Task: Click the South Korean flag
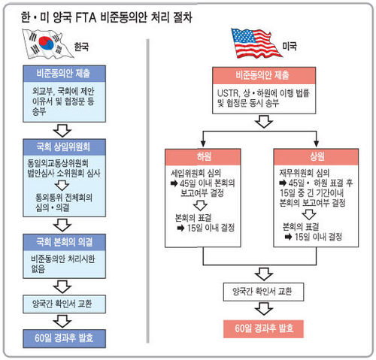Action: [47, 44]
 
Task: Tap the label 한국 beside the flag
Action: [81, 47]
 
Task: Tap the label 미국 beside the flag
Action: [290, 46]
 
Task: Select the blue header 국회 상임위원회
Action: [64, 147]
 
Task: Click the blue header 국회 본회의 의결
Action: [64, 242]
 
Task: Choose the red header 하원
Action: [203, 157]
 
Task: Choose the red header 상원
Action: [316, 157]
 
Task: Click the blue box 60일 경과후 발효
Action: [64, 338]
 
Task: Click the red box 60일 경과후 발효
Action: [263, 329]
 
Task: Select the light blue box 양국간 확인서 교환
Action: [64, 304]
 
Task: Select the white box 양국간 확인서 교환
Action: [263, 292]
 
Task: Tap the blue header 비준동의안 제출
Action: [64, 74]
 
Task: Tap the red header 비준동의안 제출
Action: [264, 75]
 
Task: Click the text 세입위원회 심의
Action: [196, 173]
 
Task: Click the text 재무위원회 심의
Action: [305, 173]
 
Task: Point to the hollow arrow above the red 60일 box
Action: [264, 309]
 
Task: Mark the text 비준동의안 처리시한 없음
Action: [62, 264]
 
